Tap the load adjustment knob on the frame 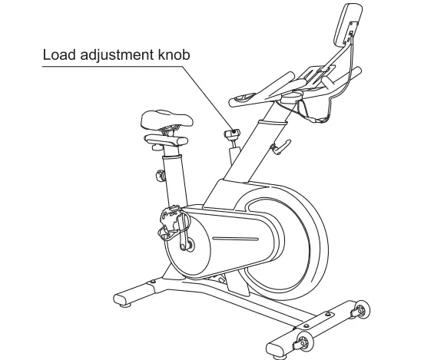(x=230, y=135)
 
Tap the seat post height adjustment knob (x=161, y=175)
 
